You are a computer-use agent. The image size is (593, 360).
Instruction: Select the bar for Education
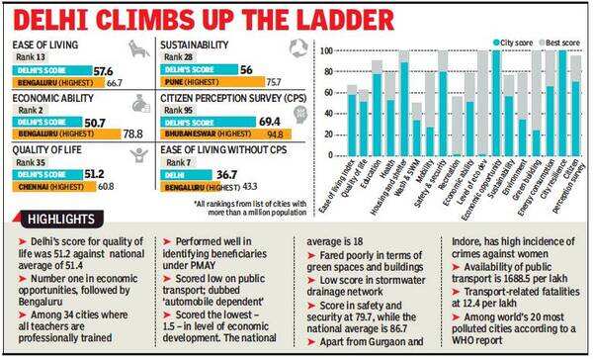[378, 109]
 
